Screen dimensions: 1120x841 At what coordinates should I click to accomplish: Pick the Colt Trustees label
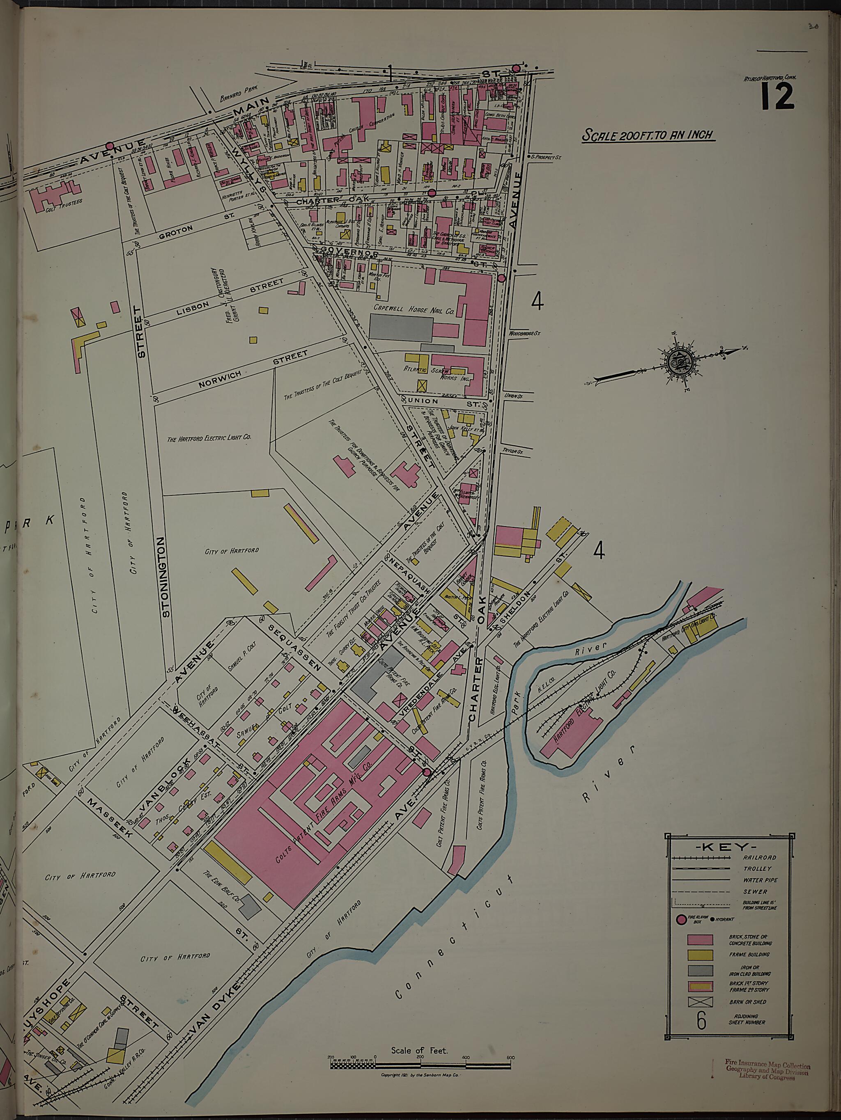tap(63, 204)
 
